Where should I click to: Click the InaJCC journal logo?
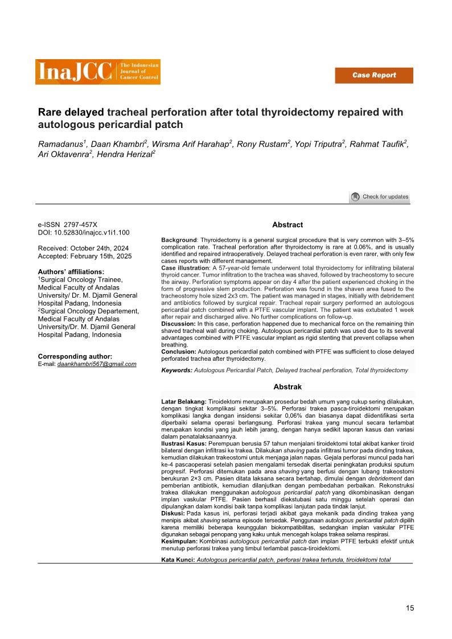point(97,72)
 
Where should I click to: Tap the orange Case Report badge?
point(373,75)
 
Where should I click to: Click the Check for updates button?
point(379,197)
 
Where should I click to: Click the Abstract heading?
point(287,225)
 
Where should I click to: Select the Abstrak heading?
point(287,386)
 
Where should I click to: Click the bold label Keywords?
point(177,370)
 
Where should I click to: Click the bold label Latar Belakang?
point(183,402)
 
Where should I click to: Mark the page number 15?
point(410,609)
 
